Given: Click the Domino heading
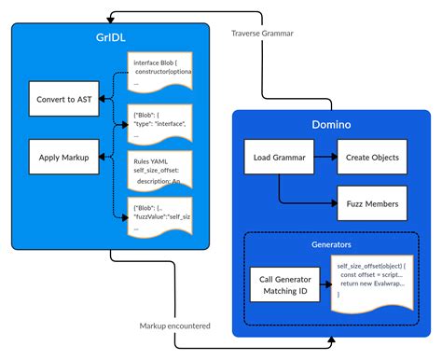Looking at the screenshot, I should (331, 125).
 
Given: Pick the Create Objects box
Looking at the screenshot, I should (370, 159).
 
